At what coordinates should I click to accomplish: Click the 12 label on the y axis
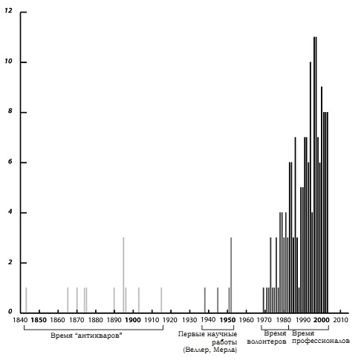pyautogui.click(x=8, y=11)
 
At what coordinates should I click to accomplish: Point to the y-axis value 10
pyautogui.click(x=8, y=61)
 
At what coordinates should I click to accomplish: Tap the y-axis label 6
pyautogui.click(x=10, y=162)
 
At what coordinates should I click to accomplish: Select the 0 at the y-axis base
pyautogui.click(x=10, y=312)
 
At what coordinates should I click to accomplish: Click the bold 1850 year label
pyautogui.click(x=39, y=320)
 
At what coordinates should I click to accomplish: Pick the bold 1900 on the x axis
pyautogui.click(x=133, y=320)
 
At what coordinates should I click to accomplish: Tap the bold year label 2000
pyautogui.click(x=322, y=320)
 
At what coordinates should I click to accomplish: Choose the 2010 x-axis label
pyautogui.click(x=341, y=320)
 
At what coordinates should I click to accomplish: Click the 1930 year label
pyautogui.click(x=189, y=320)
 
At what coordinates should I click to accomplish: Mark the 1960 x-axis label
pyautogui.click(x=247, y=320)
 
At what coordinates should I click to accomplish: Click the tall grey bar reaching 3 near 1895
pyautogui.click(x=123, y=275)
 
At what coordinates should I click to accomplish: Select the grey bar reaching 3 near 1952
pyautogui.click(x=231, y=275)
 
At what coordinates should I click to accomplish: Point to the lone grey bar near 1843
pyautogui.click(x=26, y=300)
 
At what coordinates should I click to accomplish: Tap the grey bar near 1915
pyautogui.click(x=161, y=300)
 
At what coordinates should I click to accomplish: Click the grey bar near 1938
pyautogui.click(x=205, y=300)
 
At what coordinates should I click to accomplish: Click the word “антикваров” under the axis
pyautogui.click(x=98, y=336)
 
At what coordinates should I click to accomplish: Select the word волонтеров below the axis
pyautogui.click(x=267, y=342)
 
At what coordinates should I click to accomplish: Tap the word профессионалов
pyautogui.click(x=321, y=341)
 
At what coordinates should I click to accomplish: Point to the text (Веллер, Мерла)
pyautogui.click(x=210, y=350)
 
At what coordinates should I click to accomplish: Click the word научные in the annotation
pyautogui.click(x=222, y=334)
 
